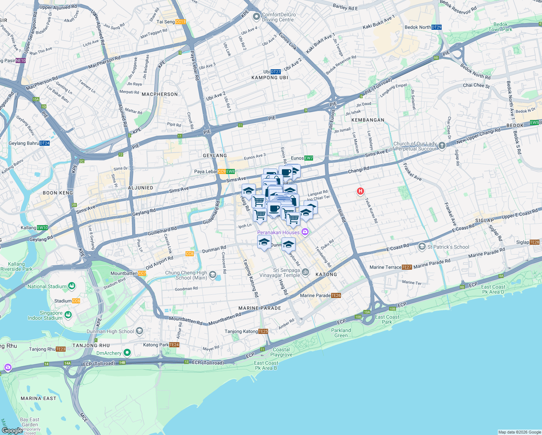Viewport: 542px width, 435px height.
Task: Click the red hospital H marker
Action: [x=360, y=191]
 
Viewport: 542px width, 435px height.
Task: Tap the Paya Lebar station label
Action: [x=206, y=171]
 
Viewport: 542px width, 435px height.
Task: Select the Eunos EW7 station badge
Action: [x=308, y=158]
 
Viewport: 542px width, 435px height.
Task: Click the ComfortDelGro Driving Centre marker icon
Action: [x=257, y=16]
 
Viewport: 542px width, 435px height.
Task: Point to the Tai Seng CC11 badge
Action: [x=180, y=22]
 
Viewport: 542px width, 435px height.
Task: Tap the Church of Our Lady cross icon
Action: [x=442, y=146]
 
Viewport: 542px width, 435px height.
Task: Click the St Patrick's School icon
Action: [x=422, y=247]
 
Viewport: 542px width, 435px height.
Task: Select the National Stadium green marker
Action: [x=71, y=286]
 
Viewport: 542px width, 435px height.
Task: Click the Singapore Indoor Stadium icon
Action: [x=68, y=315]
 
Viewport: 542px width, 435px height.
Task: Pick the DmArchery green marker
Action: [x=127, y=352]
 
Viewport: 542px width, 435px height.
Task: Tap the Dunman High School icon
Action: [x=139, y=331]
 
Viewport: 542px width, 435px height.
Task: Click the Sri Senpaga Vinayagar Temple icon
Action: [x=305, y=272]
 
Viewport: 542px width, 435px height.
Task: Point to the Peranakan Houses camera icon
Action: [x=305, y=232]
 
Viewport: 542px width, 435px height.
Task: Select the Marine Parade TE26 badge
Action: [x=336, y=295]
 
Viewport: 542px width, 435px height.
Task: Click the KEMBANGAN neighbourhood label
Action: [x=368, y=120]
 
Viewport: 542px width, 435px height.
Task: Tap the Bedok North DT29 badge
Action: [x=437, y=27]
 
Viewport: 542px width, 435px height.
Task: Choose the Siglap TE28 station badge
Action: [x=534, y=242]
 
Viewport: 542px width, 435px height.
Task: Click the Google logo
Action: [x=12, y=430]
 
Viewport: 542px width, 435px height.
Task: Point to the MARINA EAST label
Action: [x=38, y=398]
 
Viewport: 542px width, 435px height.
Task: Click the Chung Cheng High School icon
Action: [x=213, y=274]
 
